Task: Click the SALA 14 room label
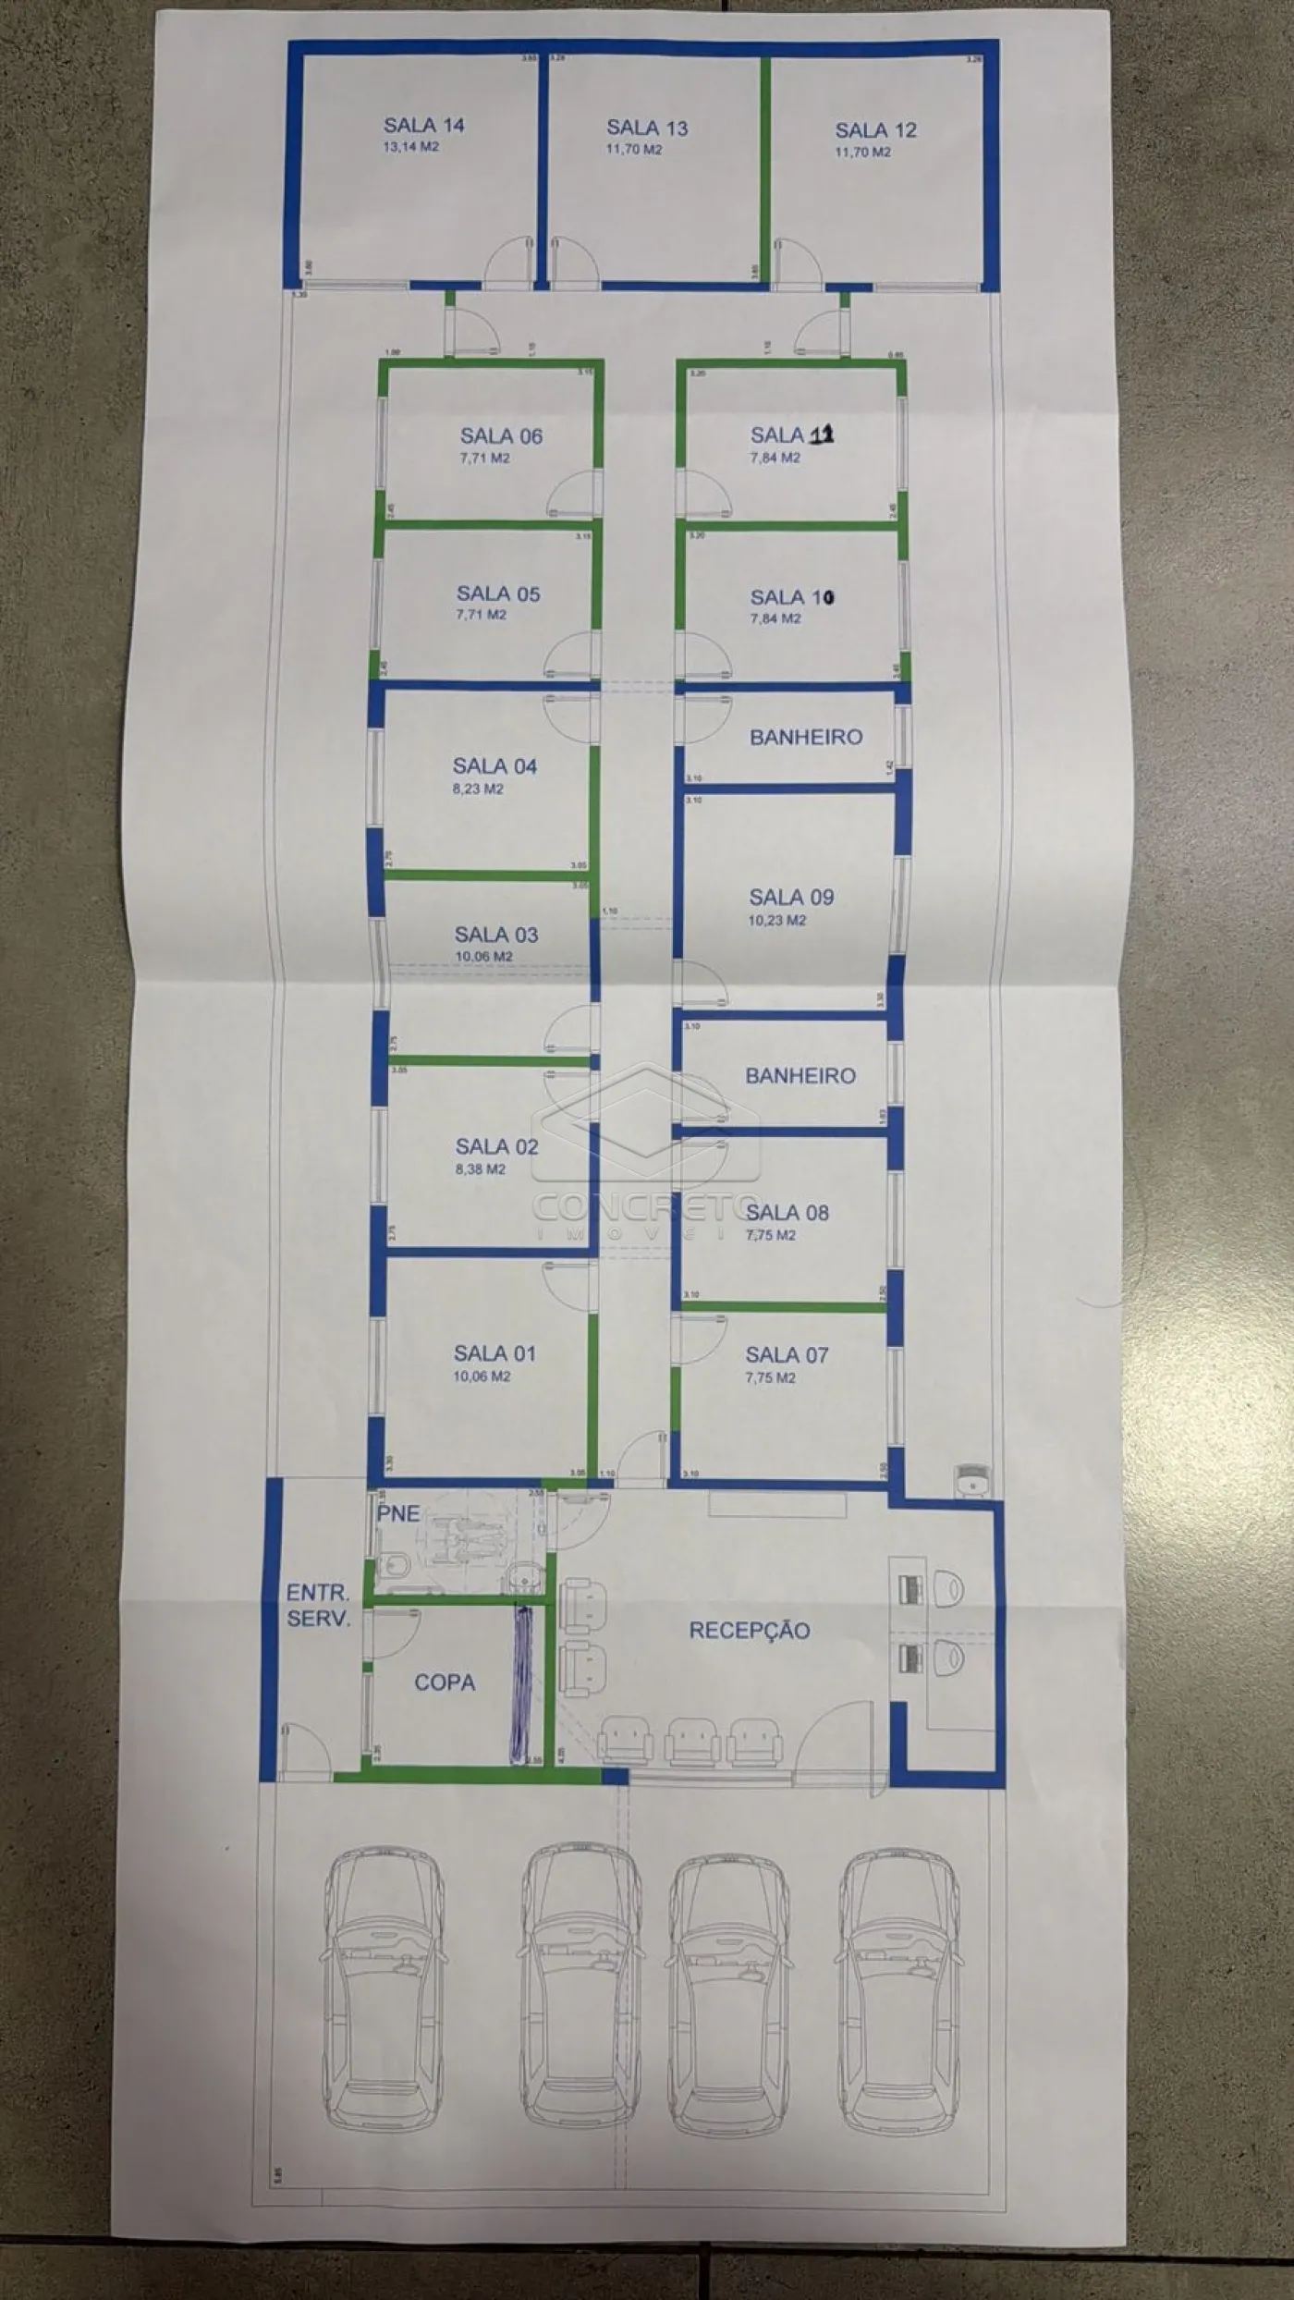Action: pyautogui.click(x=423, y=126)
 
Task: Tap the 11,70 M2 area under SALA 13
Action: pyautogui.click(x=633, y=149)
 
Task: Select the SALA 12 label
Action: pyautogui.click(x=875, y=130)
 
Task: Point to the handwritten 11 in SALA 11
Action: pyautogui.click(x=822, y=434)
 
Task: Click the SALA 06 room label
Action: pyautogui.click(x=501, y=436)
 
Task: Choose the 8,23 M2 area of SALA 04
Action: pyautogui.click(x=478, y=789)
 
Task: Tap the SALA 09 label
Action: pyautogui.click(x=791, y=897)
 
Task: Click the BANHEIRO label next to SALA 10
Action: pyautogui.click(x=806, y=737)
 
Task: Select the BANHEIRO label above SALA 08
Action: pyautogui.click(x=800, y=1075)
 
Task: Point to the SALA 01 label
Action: pyautogui.click(x=494, y=1353)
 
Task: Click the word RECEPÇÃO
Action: pyautogui.click(x=750, y=1631)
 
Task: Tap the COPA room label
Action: pyautogui.click(x=445, y=1682)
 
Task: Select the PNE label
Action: pyautogui.click(x=398, y=1514)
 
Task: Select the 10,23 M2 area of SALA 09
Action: pyautogui.click(x=776, y=921)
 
